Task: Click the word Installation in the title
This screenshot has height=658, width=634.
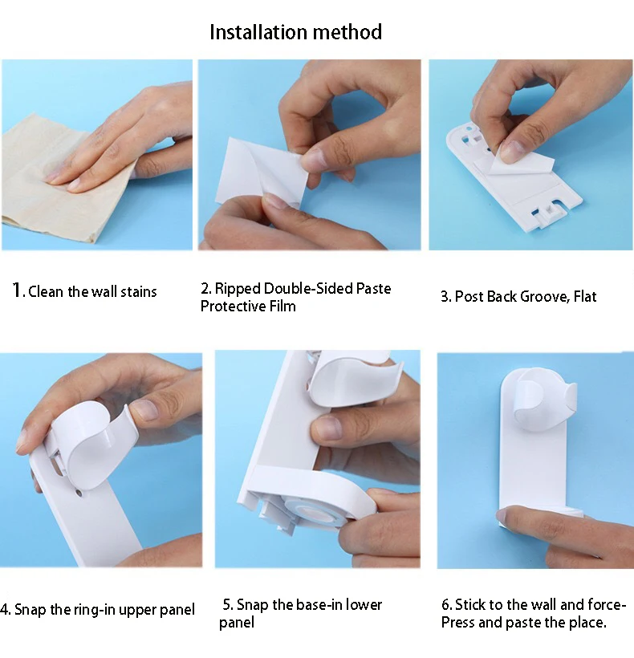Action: pyautogui.click(x=253, y=32)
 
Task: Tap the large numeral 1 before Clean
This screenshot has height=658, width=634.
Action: pyautogui.click(x=17, y=290)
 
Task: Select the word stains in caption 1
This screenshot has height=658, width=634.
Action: pyautogui.click(x=139, y=291)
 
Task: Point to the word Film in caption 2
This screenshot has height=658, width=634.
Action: pyautogui.click(x=282, y=306)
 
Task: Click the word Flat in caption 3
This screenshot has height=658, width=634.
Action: pyautogui.click(x=585, y=296)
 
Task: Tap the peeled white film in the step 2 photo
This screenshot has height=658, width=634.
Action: pyautogui.click(x=261, y=171)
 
